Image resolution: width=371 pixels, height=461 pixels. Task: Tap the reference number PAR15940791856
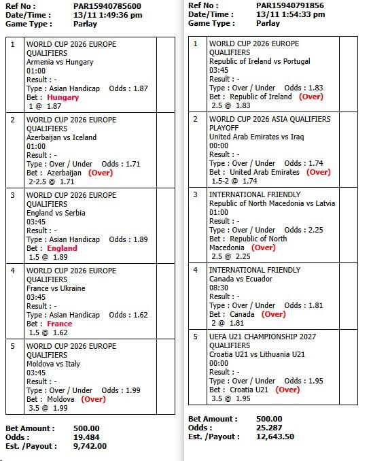(x=291, y=5)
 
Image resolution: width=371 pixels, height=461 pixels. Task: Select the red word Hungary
(x=63, y=97)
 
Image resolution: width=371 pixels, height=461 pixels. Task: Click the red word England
(x=63, y=248)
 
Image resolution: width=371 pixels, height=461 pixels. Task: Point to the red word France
(x=60, y=324)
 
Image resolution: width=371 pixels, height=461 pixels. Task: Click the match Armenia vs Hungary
(x=60, y=62)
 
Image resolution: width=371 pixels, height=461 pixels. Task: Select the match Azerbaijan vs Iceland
(x=61, y=137)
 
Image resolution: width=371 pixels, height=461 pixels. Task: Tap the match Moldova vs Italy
(x=53, y=364)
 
